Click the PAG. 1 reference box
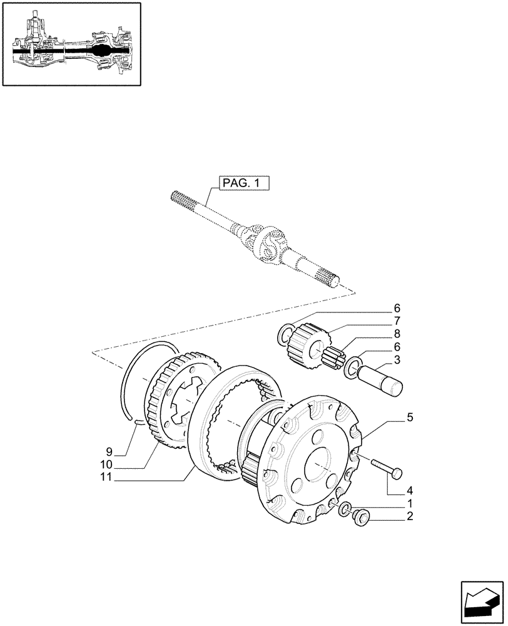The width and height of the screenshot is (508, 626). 243,183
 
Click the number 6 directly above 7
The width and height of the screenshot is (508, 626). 397,309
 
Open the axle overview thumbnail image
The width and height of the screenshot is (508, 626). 71,45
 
